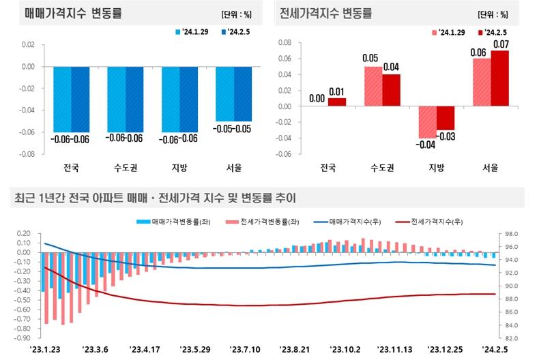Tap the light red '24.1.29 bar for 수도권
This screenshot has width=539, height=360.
coord(373,86)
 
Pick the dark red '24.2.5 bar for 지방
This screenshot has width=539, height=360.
coord(446,118)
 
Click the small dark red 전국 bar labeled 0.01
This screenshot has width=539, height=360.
coord(336,102)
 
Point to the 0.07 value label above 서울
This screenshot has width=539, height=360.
coord(500,44)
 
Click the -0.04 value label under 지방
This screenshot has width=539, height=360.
coord(426,145)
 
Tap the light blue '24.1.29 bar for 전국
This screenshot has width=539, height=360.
coord(62,100)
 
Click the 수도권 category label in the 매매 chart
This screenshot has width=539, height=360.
coord(125,167)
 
